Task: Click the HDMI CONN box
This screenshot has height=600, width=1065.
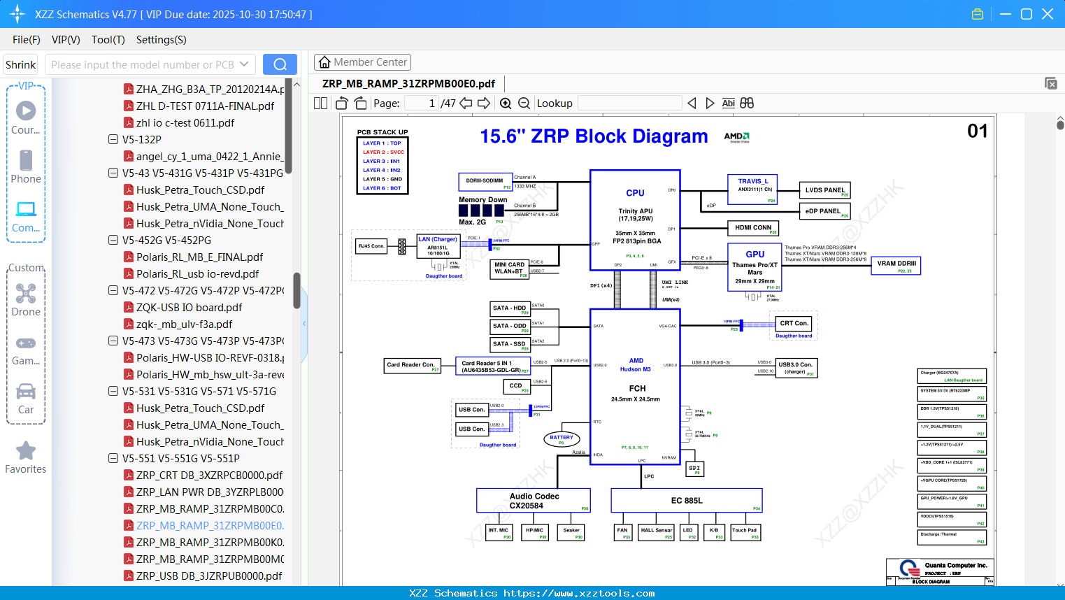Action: tap(753, 228)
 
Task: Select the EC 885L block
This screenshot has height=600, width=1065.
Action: tap(686, 501)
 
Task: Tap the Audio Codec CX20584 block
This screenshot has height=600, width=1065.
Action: tap(534, 501)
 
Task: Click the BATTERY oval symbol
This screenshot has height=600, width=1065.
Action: tap(562, 439)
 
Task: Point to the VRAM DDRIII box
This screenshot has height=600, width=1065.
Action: tap(896, 266)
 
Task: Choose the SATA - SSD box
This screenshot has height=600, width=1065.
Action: tap(510, 345)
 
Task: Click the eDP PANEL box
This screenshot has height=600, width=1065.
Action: tap(824, 211)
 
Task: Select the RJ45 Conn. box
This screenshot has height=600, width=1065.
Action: tap(371, 246)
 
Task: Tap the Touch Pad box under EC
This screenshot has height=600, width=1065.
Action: tap(745, 532)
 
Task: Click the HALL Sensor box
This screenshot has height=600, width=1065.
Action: tap(657, 532)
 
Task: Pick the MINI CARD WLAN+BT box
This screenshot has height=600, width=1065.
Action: tap(510, 269)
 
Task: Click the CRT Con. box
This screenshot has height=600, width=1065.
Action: tap(794, 324)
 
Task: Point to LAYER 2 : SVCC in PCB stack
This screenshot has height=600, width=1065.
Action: tap(383, 152)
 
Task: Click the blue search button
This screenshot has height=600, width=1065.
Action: tap(280, 64)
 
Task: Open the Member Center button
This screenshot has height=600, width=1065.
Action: tap(362, 62)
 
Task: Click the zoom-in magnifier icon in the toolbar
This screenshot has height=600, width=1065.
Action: tap(506, 103)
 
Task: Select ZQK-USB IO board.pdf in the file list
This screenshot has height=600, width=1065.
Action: tap(189, 308)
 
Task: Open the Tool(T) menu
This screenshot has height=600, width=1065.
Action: tap(108, 40)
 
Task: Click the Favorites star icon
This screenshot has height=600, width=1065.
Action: tap(26, 451)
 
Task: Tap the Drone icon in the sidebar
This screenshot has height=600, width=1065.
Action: tap(26, 294)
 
